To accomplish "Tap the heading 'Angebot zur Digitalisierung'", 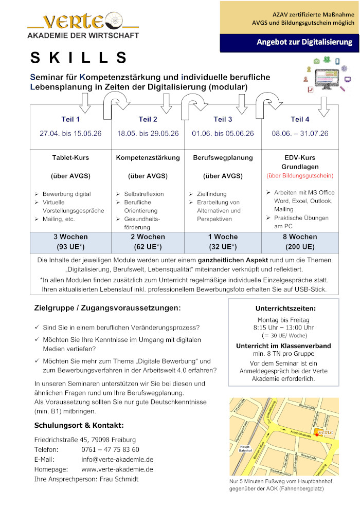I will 304,42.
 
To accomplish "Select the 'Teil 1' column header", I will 70,119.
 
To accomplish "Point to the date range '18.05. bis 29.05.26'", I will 148,133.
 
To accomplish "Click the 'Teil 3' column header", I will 223,119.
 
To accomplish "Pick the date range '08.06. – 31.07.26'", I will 300,133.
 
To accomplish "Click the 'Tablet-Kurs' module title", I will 70,157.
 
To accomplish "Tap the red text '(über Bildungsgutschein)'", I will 300,175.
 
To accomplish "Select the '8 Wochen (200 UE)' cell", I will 300,242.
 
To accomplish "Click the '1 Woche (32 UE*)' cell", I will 223,242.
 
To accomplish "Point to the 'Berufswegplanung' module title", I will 223,157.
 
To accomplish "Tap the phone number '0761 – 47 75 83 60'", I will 110,449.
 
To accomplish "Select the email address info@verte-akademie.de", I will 117,459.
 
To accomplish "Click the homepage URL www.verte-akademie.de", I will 117,469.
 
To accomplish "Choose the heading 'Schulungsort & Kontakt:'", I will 79,425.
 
